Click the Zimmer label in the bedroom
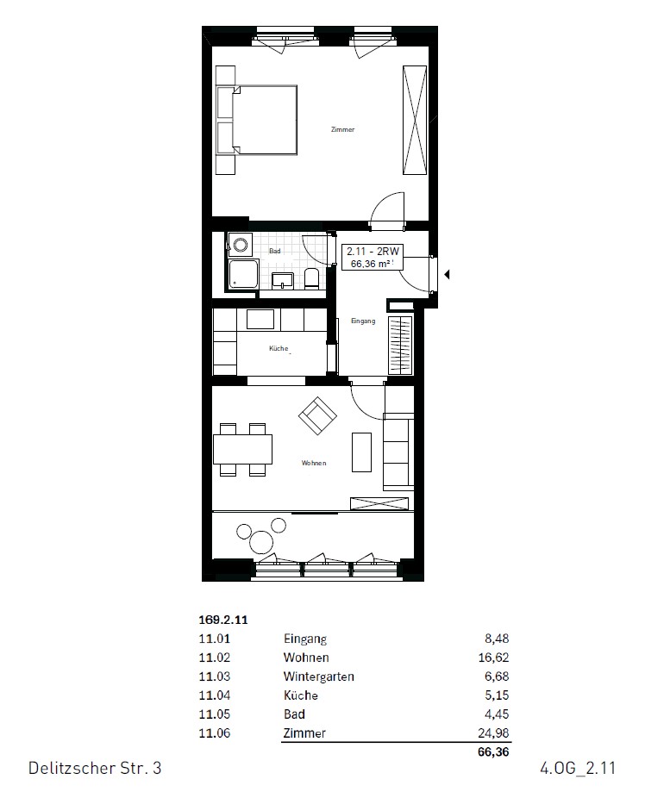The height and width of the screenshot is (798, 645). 342,130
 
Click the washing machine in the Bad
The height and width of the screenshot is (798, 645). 240,246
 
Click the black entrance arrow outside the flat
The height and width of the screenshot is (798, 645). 447,276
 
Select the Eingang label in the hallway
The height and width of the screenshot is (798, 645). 363,321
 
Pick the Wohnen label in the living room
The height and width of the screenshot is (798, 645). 314,464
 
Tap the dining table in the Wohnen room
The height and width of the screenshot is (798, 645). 243,449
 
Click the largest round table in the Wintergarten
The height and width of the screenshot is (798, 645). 262,541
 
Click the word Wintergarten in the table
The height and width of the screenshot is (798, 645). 318,676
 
